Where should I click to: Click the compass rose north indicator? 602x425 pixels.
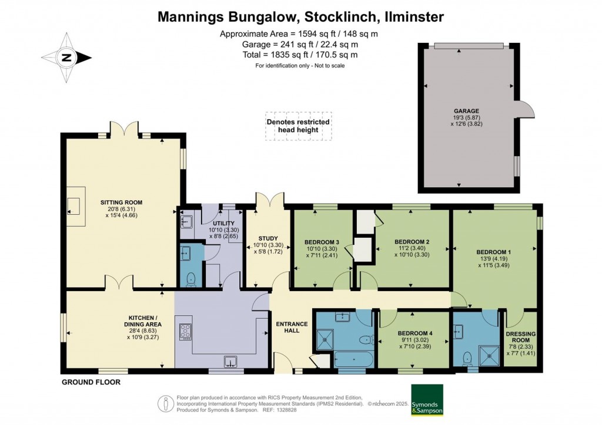click(66, 58)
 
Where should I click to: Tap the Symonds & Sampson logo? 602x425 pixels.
click(426, 400)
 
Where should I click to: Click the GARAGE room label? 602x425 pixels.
click(466, 110)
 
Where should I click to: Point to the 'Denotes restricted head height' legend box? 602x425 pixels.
click(298, 126)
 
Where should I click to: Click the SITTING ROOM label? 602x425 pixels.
click(121, 203)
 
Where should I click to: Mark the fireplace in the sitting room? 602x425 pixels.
click(74, 205)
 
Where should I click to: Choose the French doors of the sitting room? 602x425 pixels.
click(124, 127)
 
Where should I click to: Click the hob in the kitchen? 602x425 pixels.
click(185, 332)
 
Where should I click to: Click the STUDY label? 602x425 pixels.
click(267, 238)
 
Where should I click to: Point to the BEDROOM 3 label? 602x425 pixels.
click(322, 242)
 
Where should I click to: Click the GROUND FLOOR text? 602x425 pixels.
click(91, 382)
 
